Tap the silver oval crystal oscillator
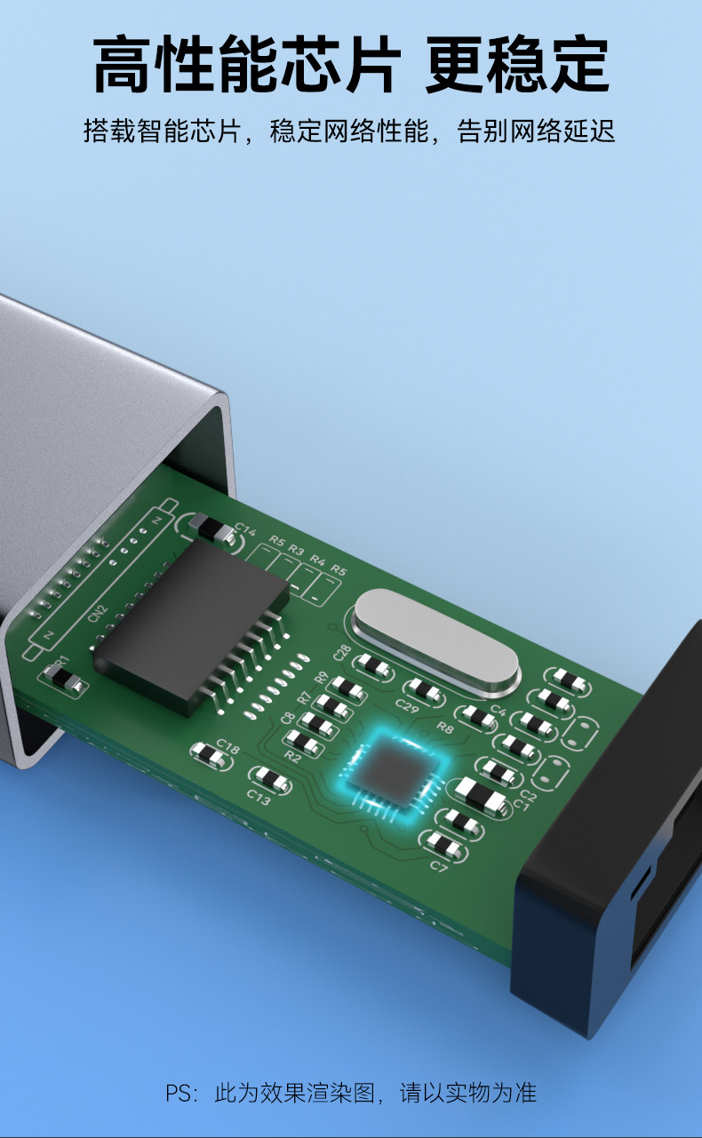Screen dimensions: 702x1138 (436, 642)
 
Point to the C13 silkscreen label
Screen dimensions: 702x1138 (259, 797)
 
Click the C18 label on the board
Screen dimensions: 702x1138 (227, 746)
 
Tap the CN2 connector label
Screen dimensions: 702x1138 (98, 613)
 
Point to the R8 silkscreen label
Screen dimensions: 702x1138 (445, 728)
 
